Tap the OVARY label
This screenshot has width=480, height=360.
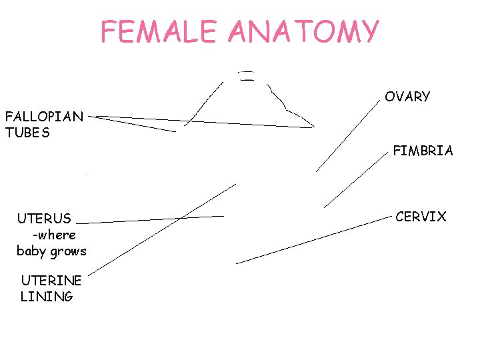point(407,97)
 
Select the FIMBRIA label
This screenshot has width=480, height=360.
point(423,151)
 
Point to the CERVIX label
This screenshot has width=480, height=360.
point(421,217)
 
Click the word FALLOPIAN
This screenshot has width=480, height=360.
point(44,117)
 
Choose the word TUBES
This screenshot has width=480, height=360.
point(27,133)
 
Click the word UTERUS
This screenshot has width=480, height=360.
point(44,219)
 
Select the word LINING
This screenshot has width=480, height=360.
point(47,297)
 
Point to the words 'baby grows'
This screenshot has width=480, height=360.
point(51,251)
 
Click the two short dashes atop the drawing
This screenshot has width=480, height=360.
point(247,75)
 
